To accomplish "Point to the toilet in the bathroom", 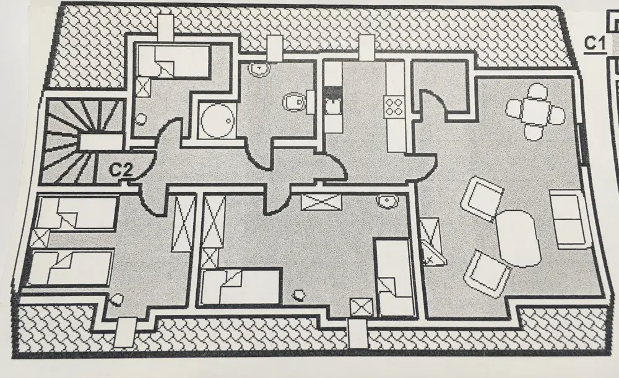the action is (293, 101).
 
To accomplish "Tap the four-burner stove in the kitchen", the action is (394, 106).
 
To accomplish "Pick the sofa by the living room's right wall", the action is (568, 218).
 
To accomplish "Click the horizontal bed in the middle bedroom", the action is (243, 286).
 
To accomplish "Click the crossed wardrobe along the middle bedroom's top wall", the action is (321, 202).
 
